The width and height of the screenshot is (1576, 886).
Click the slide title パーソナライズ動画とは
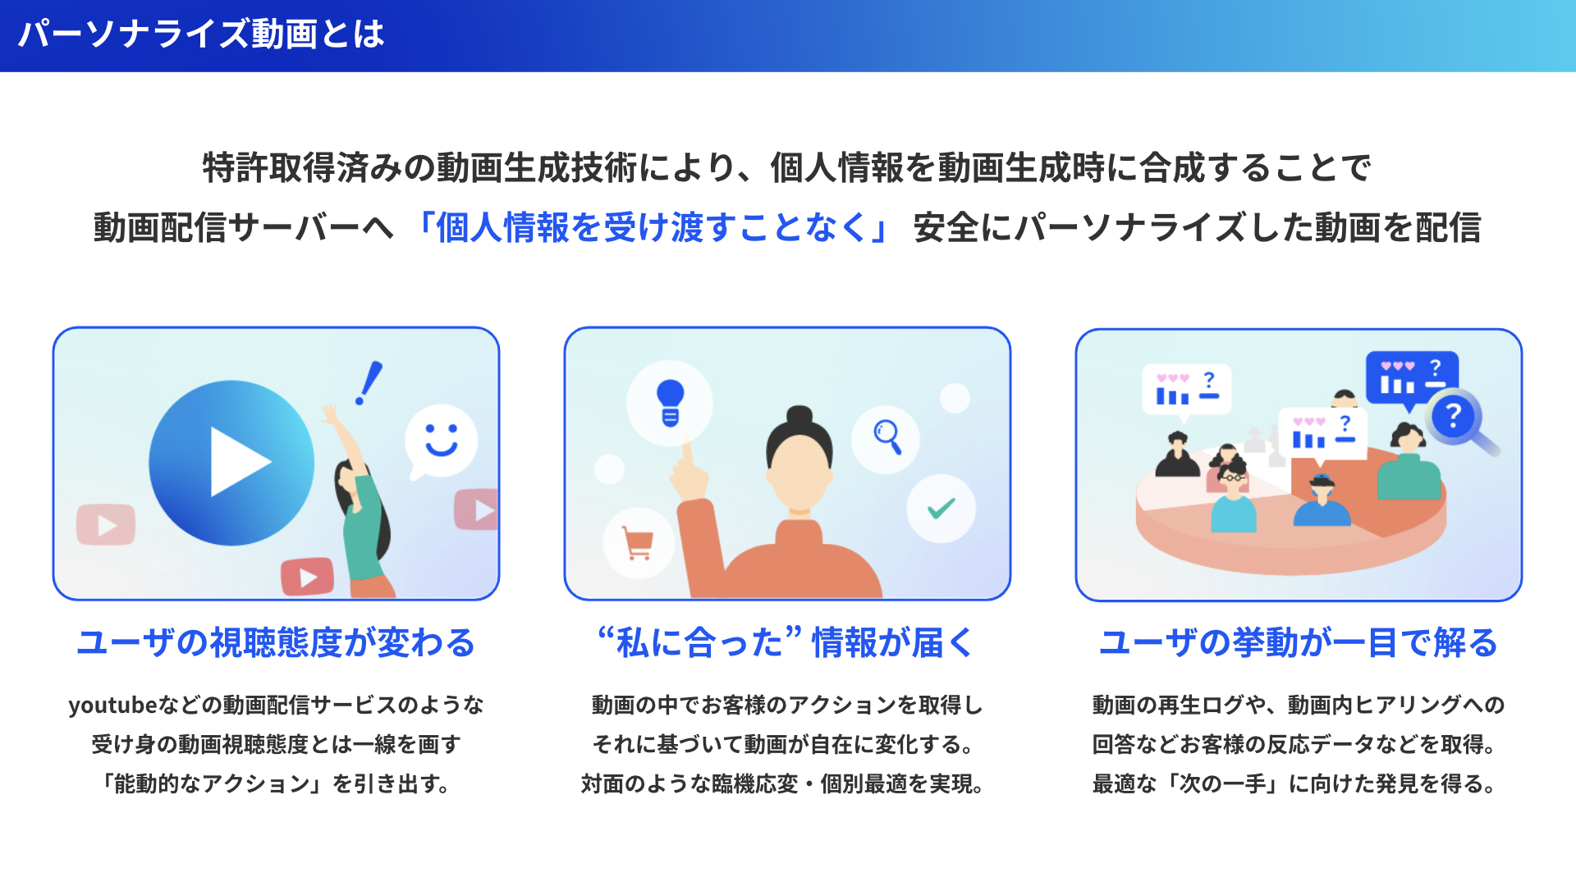pos(201,34)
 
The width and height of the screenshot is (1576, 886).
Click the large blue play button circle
pos(231,463)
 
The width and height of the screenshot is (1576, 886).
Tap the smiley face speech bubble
pos(441,440)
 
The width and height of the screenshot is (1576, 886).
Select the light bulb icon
pos(670,403)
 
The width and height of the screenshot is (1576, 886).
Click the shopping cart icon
pos(638,543)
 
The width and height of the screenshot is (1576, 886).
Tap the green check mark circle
pos(941,509)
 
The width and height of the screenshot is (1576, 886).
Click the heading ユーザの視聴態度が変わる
pos(276,642)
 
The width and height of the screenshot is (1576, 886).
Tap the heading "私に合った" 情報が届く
pos(786,642)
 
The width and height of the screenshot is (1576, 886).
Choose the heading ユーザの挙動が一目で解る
pos(1299,642)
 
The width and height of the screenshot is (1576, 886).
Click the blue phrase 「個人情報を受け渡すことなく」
pos(653,228)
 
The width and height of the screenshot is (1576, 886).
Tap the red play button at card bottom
pos(307,577)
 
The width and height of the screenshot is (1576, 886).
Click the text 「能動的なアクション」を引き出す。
pos(276,784)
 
